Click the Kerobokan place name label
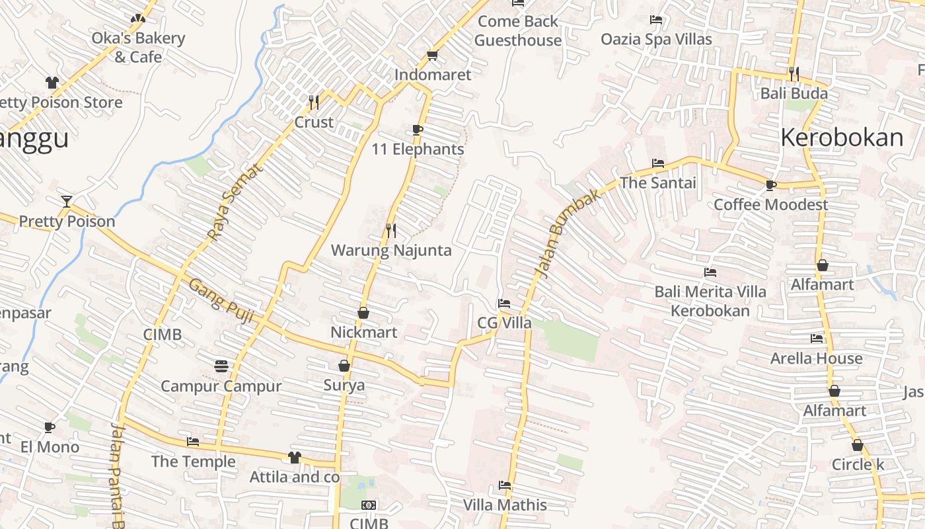click(x=842, y=138)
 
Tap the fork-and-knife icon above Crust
click(x=314, y=102)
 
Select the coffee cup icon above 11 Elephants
click(x=417, y=129)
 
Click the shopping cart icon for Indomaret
click(x=433, y=55)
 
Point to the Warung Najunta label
click(x=391, y=251)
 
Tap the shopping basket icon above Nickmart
click(x=363, y=312)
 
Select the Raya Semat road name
click(x=234, y=202)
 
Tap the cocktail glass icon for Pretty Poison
click(x=66, y=201)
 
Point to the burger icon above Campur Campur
click(x=221, y=366)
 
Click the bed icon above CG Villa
click(x=503, y=304)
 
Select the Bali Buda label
click(x=794, y=93)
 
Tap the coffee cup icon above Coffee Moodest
click(x=770, y=184)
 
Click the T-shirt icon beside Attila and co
click(x=295, y=457)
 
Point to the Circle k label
click(x=858, y=465)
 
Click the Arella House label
click(x=816, y=358)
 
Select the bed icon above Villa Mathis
click(x=505, y=485)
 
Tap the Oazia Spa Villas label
click(x=656, y=40)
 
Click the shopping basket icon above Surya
click(x=344, y=365)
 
